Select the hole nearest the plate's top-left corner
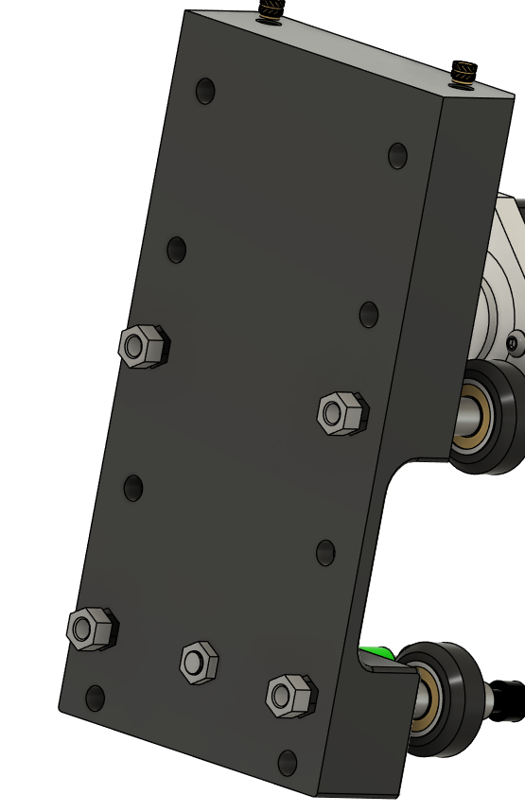(x=205, y=92)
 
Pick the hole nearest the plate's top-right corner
(x=398, y=155)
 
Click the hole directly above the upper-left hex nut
(x=177, y=250)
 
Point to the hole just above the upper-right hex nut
(x=369, y=315)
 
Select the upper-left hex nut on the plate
(x=143, y=347)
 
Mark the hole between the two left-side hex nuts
(x=133, y=489)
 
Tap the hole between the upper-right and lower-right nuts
(x=325, y=553)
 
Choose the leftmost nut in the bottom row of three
(x=92, y=629)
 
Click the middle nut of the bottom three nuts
(x=199, y=662)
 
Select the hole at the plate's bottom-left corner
(x=95, y=699)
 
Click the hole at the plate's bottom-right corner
(x=288, y=762)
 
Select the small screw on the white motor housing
(x=513, y=343)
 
